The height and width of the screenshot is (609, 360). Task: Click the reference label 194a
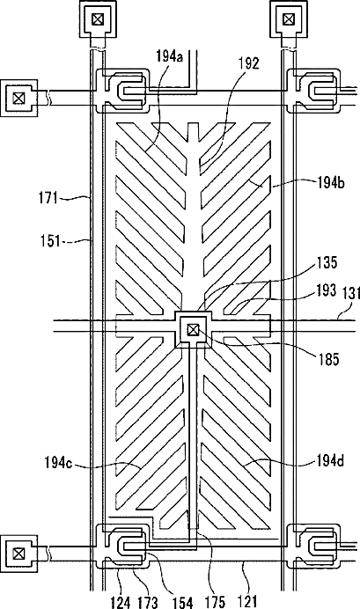pos(170,57)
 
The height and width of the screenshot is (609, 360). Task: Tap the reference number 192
pos(248,62)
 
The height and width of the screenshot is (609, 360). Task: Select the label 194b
pos(329,183)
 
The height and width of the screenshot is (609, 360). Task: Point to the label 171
pos(48,199)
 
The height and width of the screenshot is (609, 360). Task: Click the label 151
pos(51,241)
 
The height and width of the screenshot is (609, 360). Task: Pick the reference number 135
pos(327,263)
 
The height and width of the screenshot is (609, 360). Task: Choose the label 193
pos(326,290)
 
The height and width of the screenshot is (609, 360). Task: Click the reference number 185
pos(329,360)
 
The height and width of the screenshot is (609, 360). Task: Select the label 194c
pos(58,463)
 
